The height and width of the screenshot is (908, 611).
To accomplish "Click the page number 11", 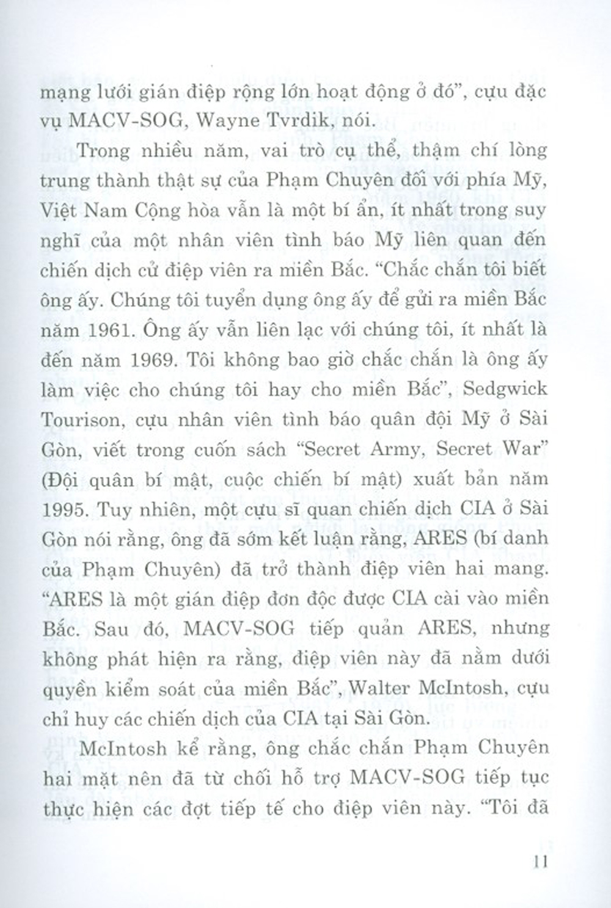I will coord(540,862).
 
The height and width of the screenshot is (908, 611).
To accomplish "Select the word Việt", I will coord(59,210).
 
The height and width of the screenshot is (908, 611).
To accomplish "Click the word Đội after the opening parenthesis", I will coord(62,480).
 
